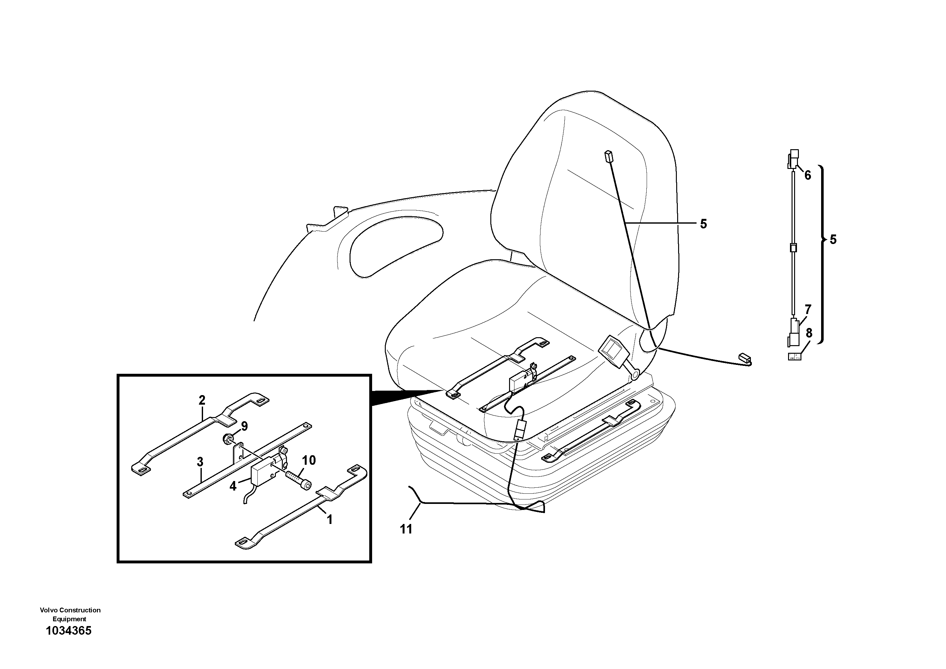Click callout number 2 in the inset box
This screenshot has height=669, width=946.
point(201,400)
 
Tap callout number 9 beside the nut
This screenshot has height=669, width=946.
point(244,426)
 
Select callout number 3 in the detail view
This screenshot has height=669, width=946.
point(200,462)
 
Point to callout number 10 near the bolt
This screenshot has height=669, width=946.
point(309,460)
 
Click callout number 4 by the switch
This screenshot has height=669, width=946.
point(233,486)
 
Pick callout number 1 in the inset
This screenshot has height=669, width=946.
point(329,520)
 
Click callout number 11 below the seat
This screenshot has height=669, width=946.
point(406,529)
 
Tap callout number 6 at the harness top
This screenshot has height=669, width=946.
point(807,175)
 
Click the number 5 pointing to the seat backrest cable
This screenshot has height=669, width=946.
point(703,224)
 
